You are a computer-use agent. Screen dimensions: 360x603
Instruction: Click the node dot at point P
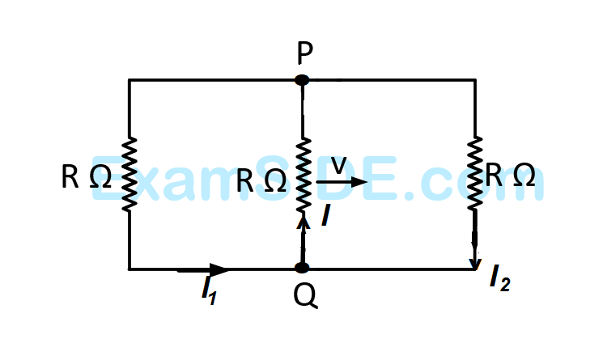click(302, 80)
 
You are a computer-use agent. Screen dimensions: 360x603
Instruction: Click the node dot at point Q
click(302, 268)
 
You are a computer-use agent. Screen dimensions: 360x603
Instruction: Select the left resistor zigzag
click(130, 174)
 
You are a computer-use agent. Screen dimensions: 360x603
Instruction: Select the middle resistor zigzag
click(302, 174)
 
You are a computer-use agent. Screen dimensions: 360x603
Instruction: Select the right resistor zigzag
click(474, 174)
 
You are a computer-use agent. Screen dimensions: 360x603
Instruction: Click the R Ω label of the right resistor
click(511, 175)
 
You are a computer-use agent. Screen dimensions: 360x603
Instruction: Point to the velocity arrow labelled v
click(341, 183)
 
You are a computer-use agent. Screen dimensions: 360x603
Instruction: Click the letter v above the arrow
click(339, 164)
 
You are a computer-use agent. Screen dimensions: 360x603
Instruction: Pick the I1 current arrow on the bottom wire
click(204, 269)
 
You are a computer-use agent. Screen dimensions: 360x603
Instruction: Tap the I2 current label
click(499, 278)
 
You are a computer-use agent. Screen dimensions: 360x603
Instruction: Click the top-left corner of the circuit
click(130, 80)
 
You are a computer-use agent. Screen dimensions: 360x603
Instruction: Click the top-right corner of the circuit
click(474, 80)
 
